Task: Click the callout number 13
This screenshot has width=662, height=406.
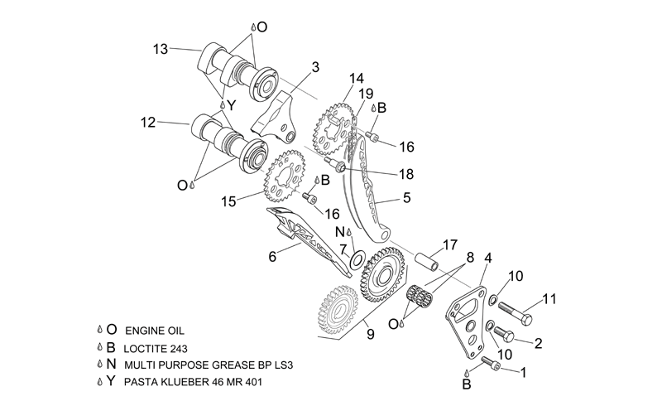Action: click(161, 50)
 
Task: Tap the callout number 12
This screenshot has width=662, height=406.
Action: click(148, 123)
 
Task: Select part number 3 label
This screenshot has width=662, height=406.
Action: click(315, 67)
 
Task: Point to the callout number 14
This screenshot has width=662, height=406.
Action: click(357, 79)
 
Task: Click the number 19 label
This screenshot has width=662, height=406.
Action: click(367, 93)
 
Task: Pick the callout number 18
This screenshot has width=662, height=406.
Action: click(406, 174)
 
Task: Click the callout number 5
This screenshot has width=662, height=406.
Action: click(406, 197)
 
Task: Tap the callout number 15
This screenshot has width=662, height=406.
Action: click(229, 201)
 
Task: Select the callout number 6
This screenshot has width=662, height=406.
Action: click(272, 256)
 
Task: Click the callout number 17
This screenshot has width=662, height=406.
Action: click(450, 245)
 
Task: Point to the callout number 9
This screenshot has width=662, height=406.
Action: click(370, 335)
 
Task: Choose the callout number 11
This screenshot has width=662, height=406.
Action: click(549, 299)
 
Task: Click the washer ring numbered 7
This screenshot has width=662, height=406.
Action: click(357, 259)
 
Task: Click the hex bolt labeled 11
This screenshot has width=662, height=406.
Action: click(515, 313)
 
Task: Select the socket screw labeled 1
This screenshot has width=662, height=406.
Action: click(491, 363)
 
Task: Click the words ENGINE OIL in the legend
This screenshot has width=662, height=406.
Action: click(155, 331)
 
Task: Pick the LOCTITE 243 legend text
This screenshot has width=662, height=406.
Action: click(156, 349)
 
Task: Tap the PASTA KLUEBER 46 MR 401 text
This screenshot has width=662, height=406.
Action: click(193, 382)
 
